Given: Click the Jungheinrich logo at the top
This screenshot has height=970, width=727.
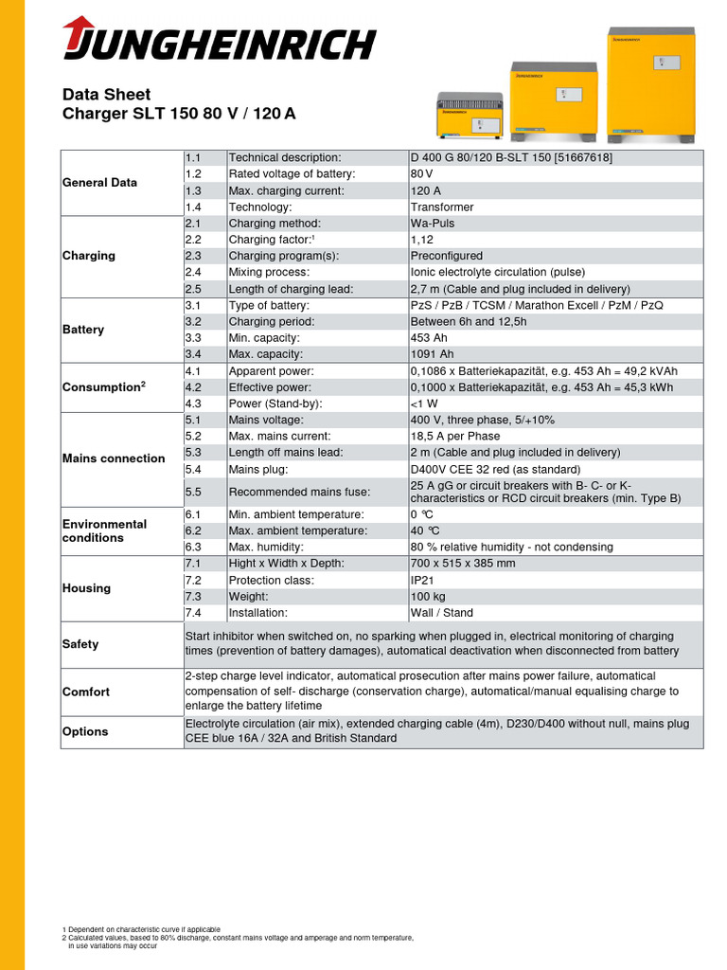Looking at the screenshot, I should pos(219,43).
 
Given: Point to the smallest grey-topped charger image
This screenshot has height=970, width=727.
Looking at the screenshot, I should pos(470,117).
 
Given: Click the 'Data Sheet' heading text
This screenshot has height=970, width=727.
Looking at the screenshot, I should pos(106,95).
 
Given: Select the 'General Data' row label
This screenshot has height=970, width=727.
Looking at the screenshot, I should pos(99,182).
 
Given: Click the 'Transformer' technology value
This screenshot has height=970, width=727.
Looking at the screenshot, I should pos(442,207).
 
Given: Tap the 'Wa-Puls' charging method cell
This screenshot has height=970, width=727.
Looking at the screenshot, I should pos(433,224).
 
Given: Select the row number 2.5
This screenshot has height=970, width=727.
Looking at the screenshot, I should pos(194,289).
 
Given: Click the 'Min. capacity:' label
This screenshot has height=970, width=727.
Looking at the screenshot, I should pos(265,338).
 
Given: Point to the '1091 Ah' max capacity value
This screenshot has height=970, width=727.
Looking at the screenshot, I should pos(433,354).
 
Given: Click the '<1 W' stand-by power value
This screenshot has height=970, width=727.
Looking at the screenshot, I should pos(423,404).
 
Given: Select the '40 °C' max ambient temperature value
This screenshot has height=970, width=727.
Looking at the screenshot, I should pos(426,530).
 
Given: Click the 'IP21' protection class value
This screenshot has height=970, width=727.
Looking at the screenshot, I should pos(423,580).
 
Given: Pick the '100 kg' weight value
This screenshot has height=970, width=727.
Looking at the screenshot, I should pos(428,597).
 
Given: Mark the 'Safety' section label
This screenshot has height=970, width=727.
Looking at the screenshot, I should pos(80,644).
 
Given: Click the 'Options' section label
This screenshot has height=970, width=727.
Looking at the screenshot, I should pos(85,731).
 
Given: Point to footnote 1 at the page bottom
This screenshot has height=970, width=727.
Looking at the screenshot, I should pos(141,929).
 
